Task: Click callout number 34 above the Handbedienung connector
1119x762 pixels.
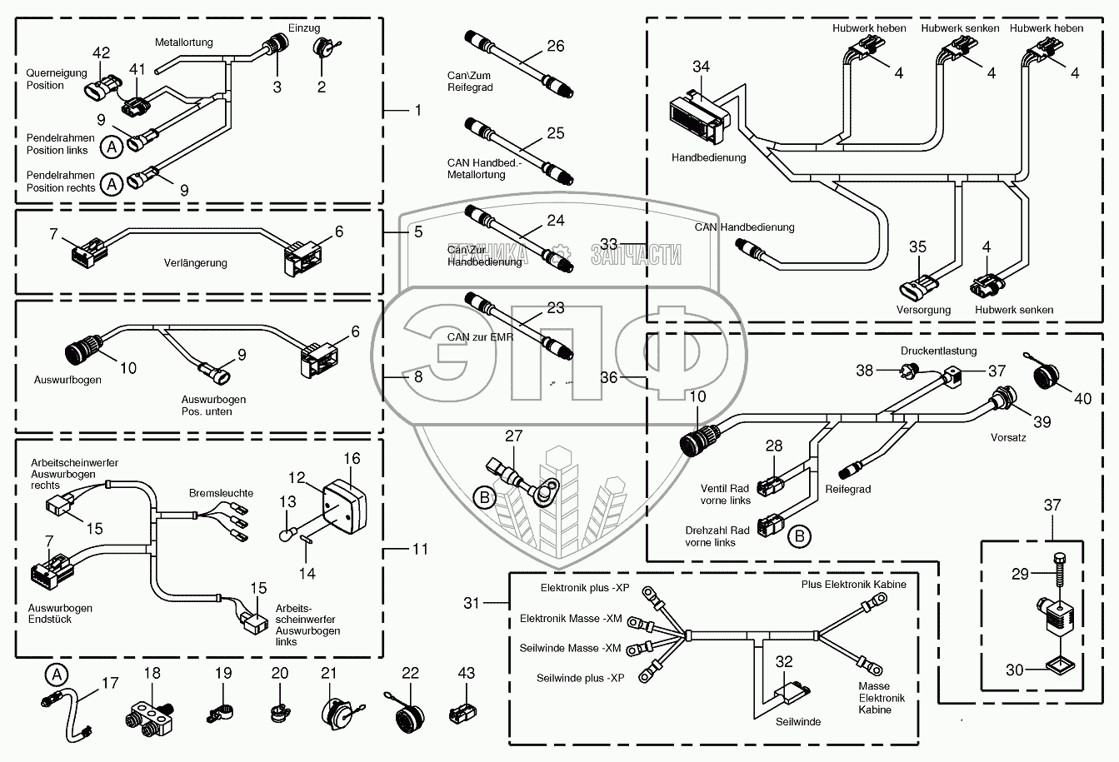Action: pos(701,67)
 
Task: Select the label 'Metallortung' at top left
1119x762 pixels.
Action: pos(184,42)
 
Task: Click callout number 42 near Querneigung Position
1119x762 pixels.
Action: pos(102,53)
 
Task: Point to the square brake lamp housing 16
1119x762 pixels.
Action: pos(345,506)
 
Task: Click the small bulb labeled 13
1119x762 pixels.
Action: pos(285,535)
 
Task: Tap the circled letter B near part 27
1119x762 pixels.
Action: pos(484,497)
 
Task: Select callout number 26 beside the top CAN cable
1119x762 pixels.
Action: pos(556,46)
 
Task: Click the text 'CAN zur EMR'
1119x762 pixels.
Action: pos(480,337)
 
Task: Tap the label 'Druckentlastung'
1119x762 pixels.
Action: pos(939,351)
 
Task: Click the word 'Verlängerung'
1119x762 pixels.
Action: pos(195,262)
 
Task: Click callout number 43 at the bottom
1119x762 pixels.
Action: pos(466,673)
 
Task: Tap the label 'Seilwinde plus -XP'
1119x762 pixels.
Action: pos(580,678)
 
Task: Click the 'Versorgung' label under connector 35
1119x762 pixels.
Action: pos(923,310)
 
